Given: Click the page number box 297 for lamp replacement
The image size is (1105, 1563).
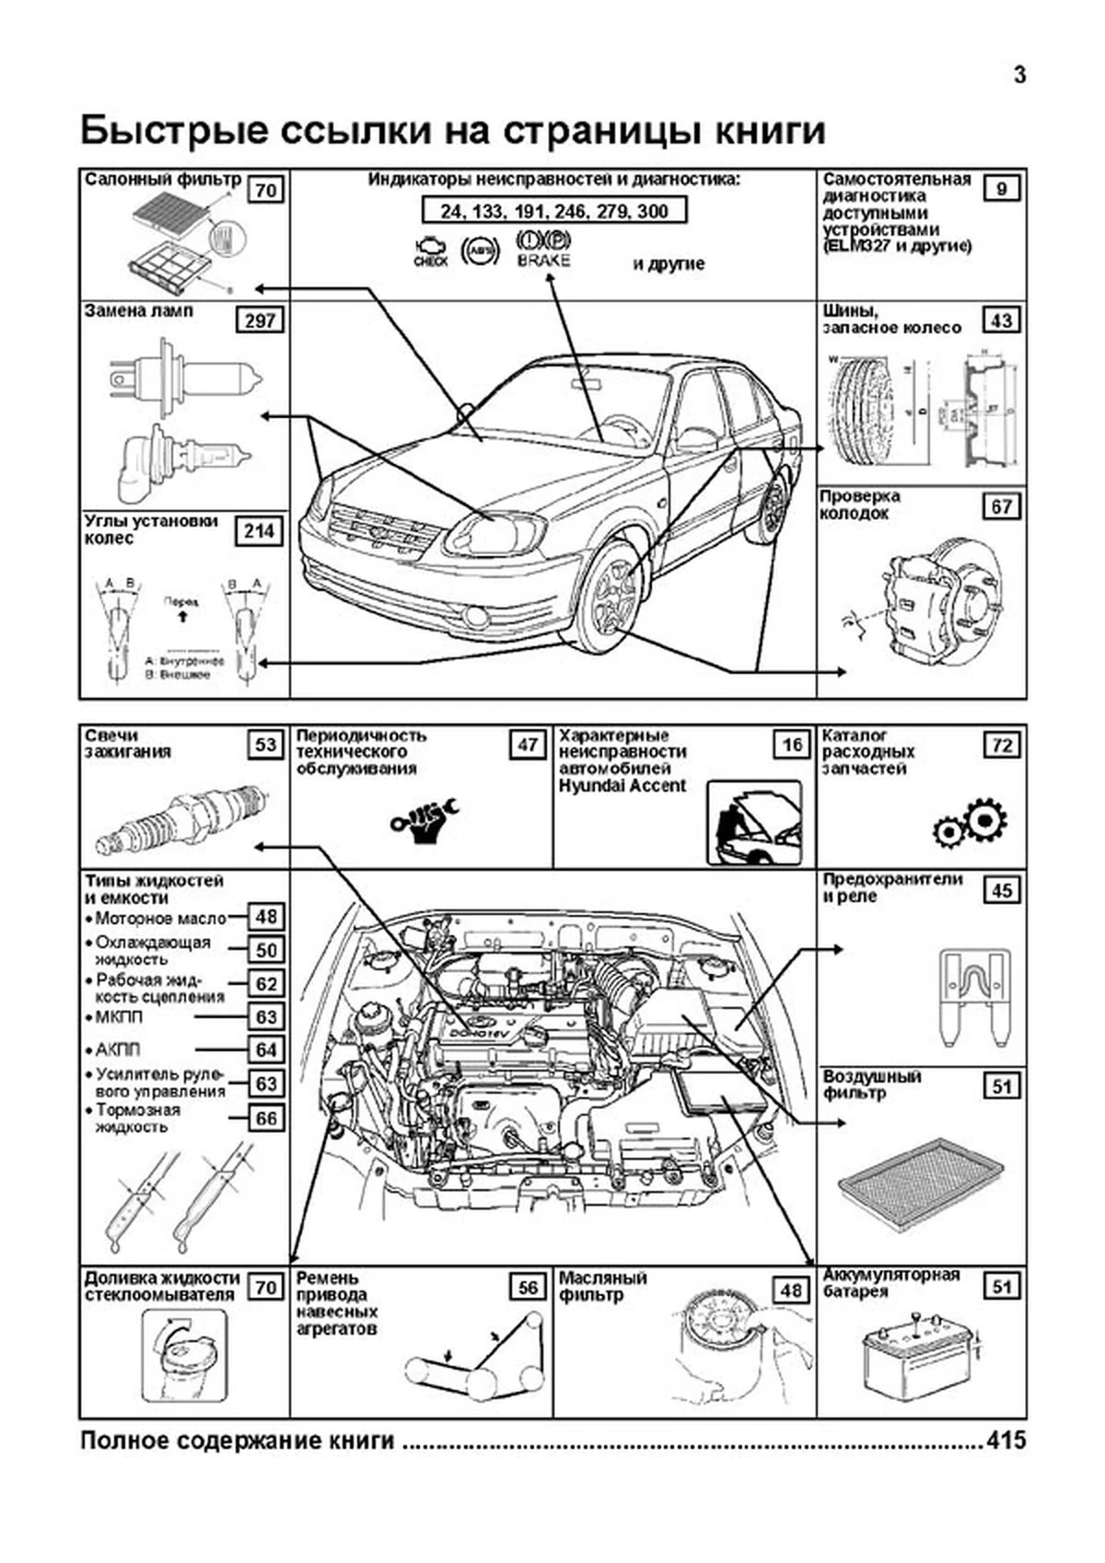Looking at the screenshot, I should pyautogui.click(x=261, y=320).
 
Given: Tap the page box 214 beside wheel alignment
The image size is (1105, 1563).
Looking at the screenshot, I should pyautogui.click(x=260, y=531).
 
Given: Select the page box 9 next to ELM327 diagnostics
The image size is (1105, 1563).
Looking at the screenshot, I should pyautogui.click(x=1002, y=190).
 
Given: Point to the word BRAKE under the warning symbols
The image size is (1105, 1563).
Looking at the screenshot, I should pyautogui.click(x=543, y=260).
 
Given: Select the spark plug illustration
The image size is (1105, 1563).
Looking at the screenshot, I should pyautogui.click(x=182, y=816).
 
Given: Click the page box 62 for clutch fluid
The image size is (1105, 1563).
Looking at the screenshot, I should pyautogui.click(x=266, y=984).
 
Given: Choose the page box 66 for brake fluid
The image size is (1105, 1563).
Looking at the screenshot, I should pyautogui.click(x=266, y=1118).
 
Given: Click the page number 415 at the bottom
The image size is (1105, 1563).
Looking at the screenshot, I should pyautogui.click(x=1006, y=1441).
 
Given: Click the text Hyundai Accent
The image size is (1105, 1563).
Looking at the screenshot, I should pyautogui.click(x=622, y=785).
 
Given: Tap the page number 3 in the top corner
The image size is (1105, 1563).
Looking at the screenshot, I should pyautogui.click(x=1019, y=75).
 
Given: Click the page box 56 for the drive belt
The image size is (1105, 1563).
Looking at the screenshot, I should pyautogui.click(x=529, y=1287).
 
